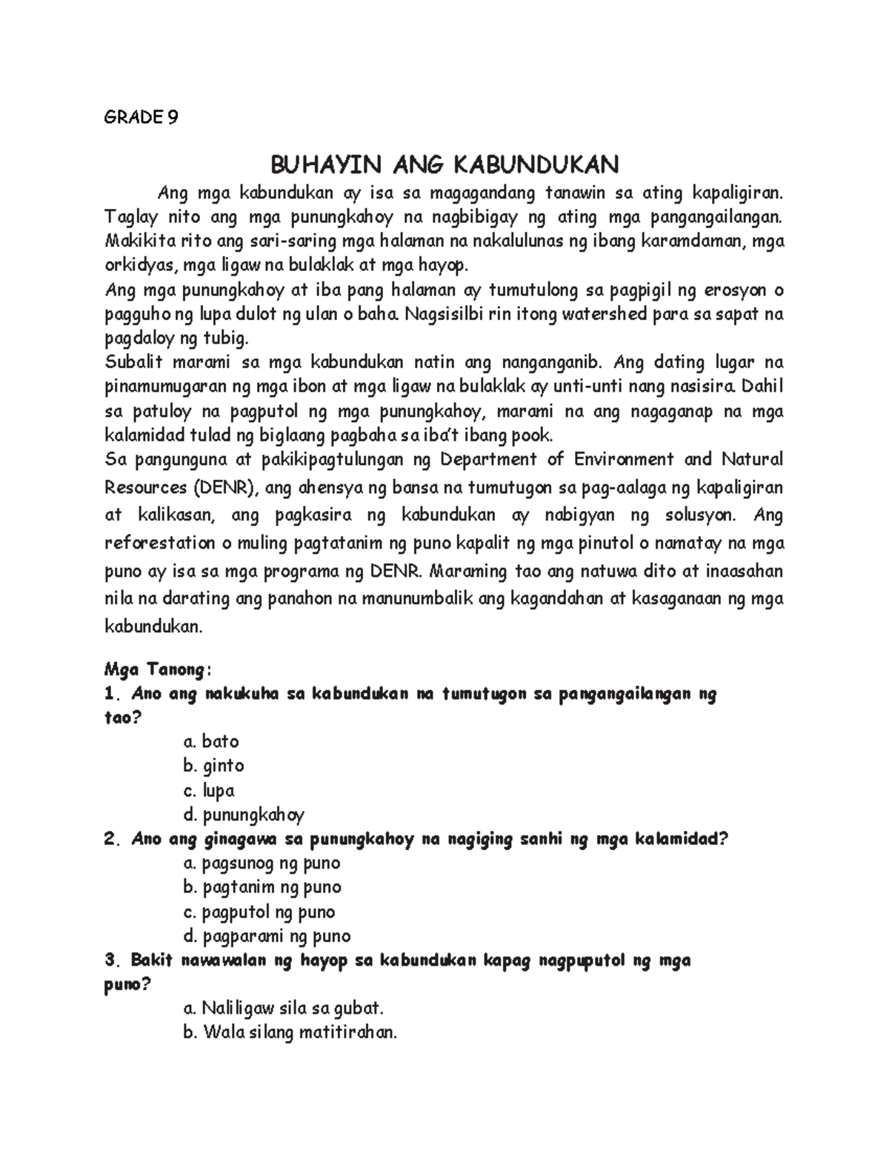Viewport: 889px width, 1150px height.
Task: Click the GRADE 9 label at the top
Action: pos(141,117)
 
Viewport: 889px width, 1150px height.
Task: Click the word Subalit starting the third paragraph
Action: pos(133,362)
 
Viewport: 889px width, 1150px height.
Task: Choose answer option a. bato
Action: pos(210,741)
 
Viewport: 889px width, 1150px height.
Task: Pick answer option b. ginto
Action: pos(213,766)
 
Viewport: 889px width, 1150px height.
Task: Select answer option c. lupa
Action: pos(209,790)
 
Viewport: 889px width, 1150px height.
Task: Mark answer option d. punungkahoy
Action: pos(243,815)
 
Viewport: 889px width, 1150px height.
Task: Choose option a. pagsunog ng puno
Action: pos(261,863)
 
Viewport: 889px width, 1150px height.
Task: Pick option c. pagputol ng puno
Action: pos(259,912)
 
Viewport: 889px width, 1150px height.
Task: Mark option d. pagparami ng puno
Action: pos(266,936)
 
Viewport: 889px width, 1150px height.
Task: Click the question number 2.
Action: pos(112,840)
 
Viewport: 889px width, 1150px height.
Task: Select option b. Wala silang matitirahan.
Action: pos(290,1032)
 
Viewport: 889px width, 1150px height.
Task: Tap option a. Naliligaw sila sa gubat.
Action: pos(283,1008)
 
